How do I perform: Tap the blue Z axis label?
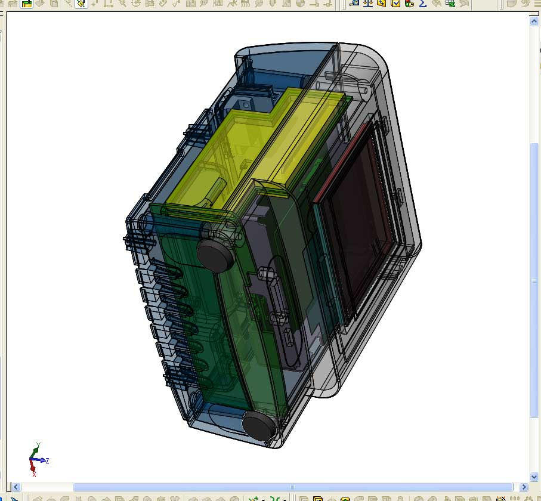[x=47, y=460]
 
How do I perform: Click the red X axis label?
[x=34, y=475]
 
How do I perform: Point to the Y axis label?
[x=38, y=444]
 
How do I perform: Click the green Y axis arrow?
[x=35, y=452]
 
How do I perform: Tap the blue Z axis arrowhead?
[x=43, y=460]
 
